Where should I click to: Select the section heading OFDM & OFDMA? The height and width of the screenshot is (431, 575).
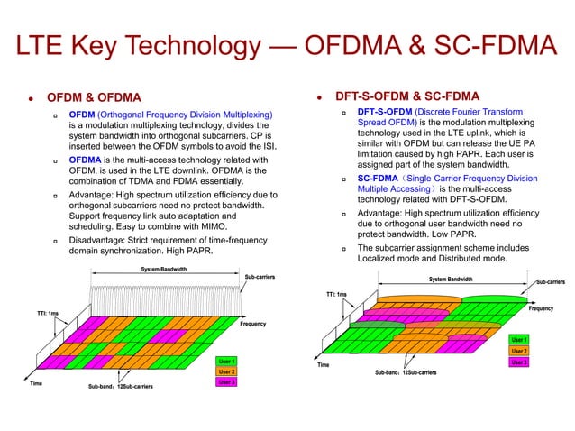[x=95, y=96]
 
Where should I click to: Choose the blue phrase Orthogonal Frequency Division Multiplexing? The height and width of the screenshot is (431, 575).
[x=187, y=115]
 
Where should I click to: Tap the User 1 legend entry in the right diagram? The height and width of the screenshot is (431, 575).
[x=519, y=339]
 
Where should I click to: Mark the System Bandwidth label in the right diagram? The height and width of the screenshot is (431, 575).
[x=451, y=279]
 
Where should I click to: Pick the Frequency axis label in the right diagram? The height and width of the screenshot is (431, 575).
[x=542, y=308]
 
